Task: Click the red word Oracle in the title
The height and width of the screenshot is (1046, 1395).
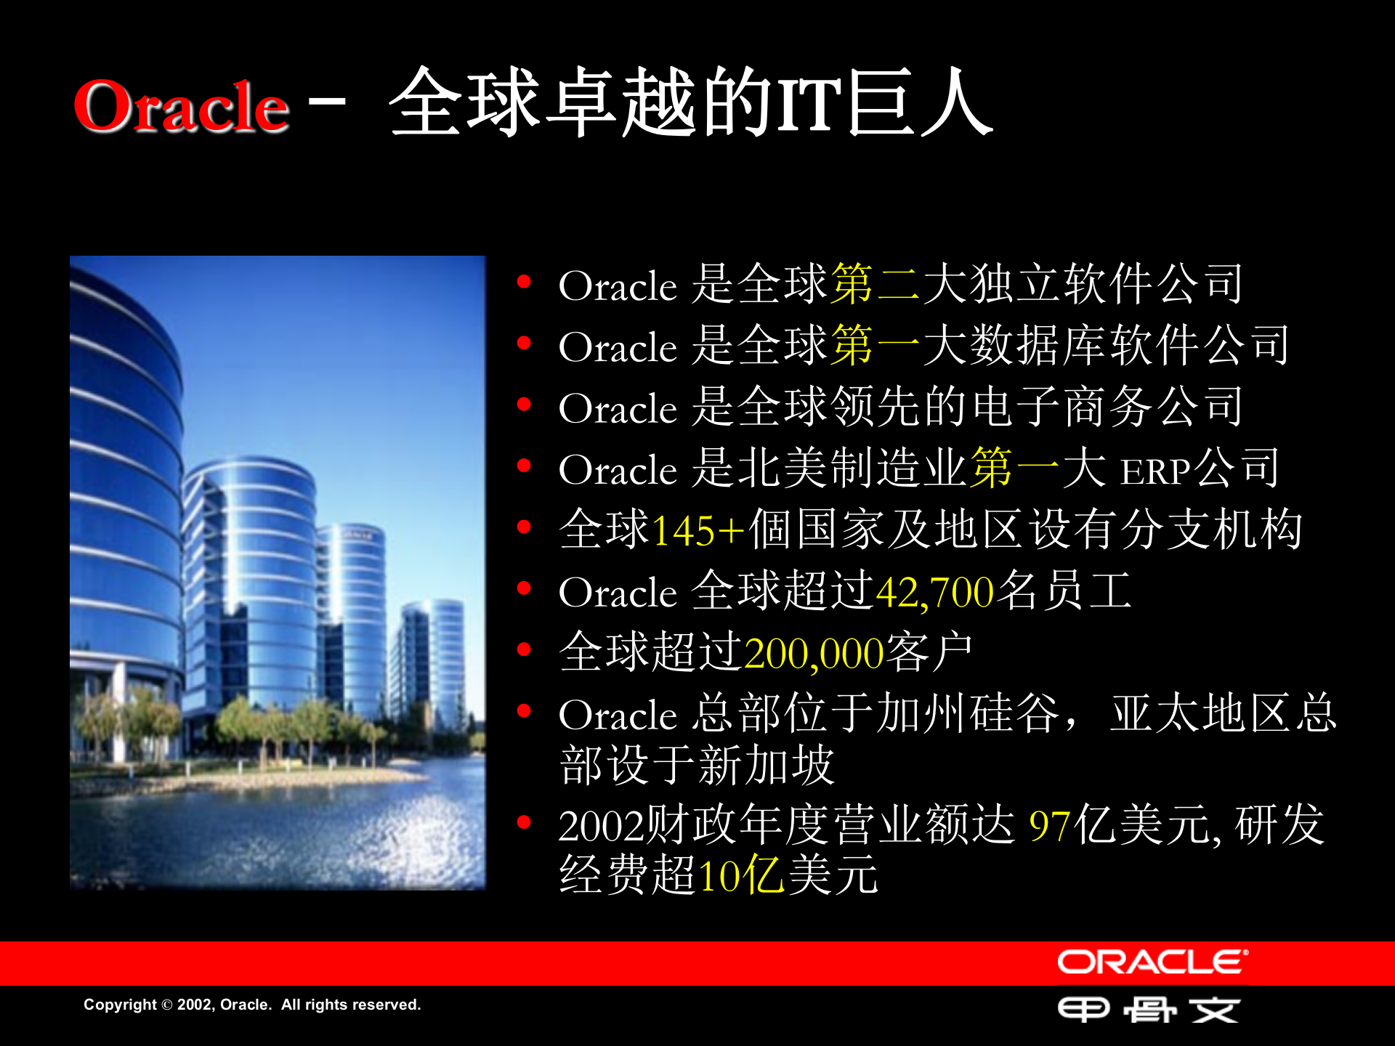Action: pos(182,106)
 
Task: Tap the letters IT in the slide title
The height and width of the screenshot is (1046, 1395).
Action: pos(808,106)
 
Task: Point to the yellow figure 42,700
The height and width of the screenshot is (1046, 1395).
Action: pos(934,592)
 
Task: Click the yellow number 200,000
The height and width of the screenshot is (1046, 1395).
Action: pos(814,653)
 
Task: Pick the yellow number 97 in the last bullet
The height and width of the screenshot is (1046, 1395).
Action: pos(1050,826)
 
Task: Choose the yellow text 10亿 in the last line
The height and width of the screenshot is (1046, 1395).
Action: pos(741,875)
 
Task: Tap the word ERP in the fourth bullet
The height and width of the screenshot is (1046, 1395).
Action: pos(1155,472)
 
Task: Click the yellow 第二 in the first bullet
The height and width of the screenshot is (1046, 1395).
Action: pos(875,284)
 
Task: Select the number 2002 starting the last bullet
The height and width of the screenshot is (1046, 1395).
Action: pos(602,826)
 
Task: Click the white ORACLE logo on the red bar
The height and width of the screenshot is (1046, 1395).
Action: pos(1152,962)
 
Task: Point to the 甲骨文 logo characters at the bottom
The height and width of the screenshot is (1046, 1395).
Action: pos(1149,1010)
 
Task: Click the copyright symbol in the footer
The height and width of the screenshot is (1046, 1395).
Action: pos(167,1005)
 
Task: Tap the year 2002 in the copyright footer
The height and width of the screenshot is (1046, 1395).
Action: pos(195,1005)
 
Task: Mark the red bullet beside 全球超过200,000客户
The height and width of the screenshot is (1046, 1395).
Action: pos(524,649)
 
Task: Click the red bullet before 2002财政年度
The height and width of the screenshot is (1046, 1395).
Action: pos(524,822)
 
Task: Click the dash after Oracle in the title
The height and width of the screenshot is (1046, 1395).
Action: pos(327,102)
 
